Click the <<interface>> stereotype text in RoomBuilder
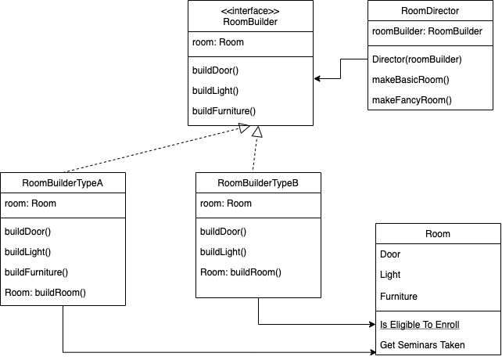click(250, 11)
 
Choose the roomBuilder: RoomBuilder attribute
click(426, 31)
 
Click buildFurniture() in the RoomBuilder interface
click(224, 111)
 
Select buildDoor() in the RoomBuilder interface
click(215, 70)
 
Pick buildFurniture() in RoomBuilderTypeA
click(36, 272)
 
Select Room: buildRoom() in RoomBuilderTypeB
click(240, 272)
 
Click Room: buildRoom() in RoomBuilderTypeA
click(45, 293)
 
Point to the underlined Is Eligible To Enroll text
click(419, 325)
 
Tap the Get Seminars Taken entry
click(422, 345)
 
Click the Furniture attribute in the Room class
click(399, 297)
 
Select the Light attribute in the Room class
click(390, 275)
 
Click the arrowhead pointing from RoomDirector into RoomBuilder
click(317, 78)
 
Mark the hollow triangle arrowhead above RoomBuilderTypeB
click(257, 132)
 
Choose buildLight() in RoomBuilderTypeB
click(223, 252)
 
